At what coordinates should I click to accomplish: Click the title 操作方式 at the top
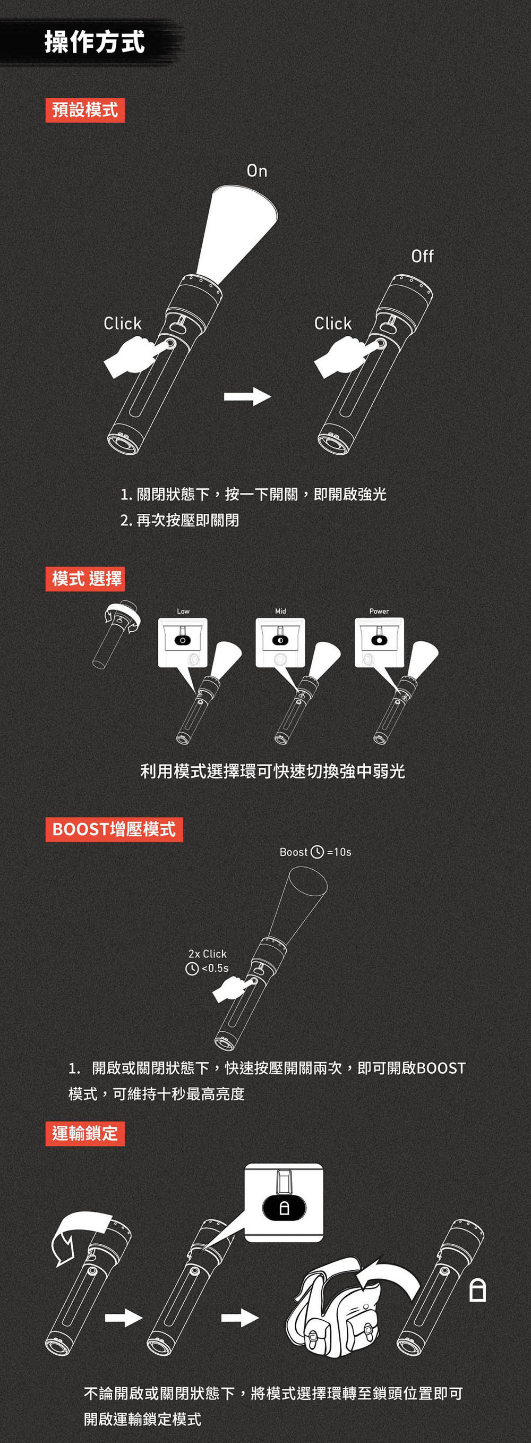95,42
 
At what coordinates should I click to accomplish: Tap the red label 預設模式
85,110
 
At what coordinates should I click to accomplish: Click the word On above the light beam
257,171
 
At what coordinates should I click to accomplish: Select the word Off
422,256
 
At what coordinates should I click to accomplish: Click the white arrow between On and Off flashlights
247,396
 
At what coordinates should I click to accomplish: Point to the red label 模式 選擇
85,579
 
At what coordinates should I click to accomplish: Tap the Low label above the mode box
183,611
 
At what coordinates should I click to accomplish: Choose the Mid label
280,611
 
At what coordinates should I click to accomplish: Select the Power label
379,611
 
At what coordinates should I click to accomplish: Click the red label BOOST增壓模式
114,829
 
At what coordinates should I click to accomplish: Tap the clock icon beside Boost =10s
317,852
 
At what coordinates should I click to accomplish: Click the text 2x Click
208,953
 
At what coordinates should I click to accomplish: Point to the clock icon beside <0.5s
192,968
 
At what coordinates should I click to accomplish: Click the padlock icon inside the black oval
284,1208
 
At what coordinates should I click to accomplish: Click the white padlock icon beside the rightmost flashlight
477,1290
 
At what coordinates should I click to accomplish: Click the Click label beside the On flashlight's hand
123,323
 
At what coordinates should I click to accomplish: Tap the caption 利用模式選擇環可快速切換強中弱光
273,771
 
